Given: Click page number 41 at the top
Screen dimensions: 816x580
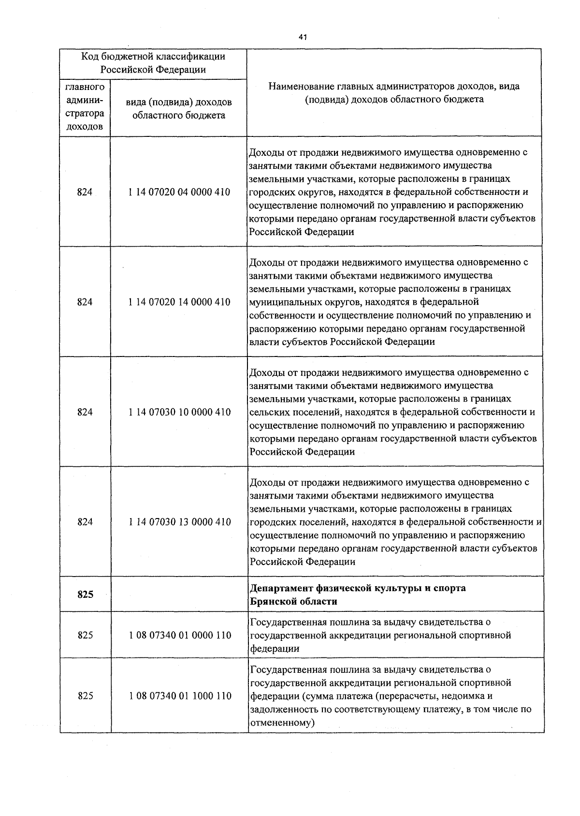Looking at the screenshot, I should (x=303, y=37).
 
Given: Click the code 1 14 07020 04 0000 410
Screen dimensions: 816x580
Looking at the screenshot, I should (x=179, y=192).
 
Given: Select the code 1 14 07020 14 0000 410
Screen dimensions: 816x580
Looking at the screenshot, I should (x=179, y=302).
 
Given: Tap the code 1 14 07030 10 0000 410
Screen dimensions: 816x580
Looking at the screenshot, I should (x=179, y=412).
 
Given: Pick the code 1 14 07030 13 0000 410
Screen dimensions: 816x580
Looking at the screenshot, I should (x=179, y=522).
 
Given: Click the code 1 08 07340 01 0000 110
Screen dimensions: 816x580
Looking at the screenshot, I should (x=180, y=635).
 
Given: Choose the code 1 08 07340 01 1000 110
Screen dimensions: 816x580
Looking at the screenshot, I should (x=180, y=696).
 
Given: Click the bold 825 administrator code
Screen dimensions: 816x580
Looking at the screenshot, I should (x=85, y=595).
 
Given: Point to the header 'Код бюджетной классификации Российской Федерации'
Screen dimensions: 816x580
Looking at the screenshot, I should (x=153, y=63).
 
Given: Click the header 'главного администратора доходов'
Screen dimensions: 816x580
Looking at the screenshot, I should (x=85, y=107).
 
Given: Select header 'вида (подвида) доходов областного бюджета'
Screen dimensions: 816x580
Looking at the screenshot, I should (x=178, y=109).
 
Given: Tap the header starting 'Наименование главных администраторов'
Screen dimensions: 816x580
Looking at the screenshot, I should (x=394, y=93).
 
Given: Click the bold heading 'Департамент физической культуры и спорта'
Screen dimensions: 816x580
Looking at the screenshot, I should (x=358, y=588).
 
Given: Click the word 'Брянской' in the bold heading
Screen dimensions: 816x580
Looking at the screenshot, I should (x=271, y=602).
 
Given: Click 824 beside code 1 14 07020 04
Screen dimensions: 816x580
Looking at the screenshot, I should (x=85, y=192).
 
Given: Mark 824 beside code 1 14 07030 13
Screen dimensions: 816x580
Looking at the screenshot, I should (x=85, y=522).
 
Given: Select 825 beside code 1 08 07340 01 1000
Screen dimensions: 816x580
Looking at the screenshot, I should (x=85, y=696).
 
